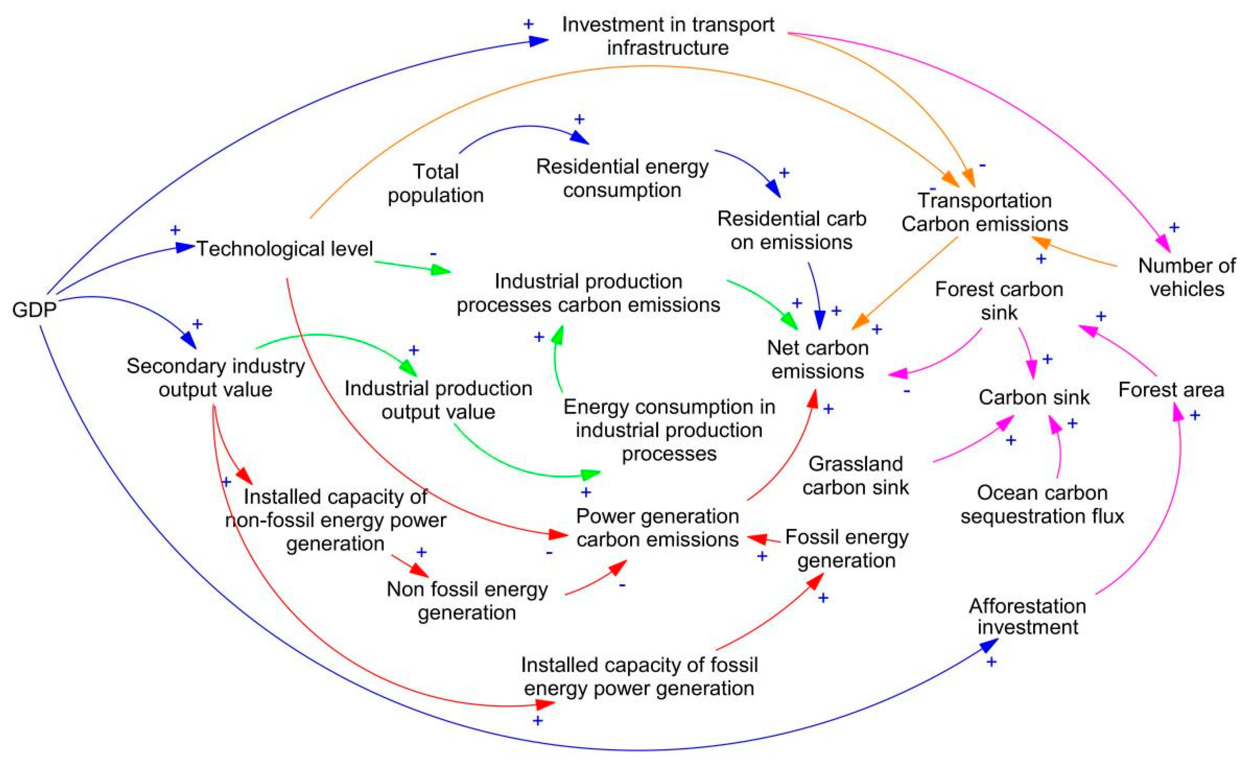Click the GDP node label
34,309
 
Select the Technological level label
285,249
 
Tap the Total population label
435,183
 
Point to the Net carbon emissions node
818,360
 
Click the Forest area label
1171,390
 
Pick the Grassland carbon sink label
855,476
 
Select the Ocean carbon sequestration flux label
1042,504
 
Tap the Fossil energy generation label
847,548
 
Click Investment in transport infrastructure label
668,36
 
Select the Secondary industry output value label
216,378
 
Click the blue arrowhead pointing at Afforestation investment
989,644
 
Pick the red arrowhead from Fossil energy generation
757,538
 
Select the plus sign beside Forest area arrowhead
1195,416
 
